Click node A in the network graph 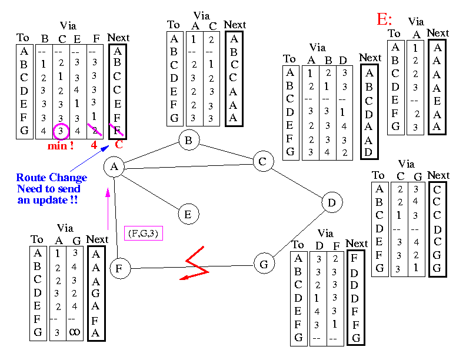tap(114, 167)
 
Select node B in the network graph tap(189, 141)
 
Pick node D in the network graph tap(332, 203)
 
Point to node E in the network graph tap(188, 214)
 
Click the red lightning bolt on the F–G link tap(195, 268)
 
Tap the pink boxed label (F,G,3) tap(144, 234)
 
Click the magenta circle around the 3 tap(61, 129)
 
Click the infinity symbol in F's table tap(75, 332)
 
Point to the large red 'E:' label tap(385, 19)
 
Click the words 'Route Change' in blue tap(51, 178)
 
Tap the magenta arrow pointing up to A tap(108, 206)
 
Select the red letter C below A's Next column tap(118, 144)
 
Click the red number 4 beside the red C tap(94, 144)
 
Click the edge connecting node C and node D tap(297, 182)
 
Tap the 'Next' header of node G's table tap(357, 244)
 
